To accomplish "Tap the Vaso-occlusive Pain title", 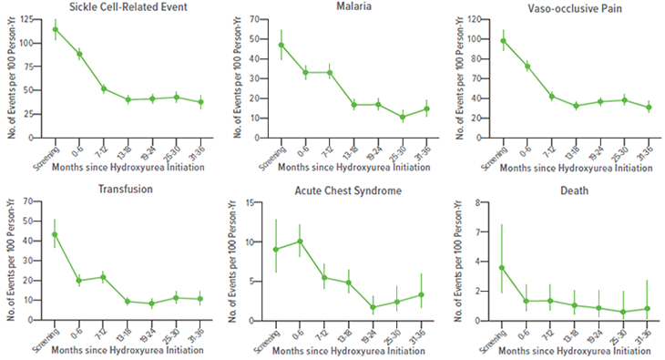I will [x=572, y=7].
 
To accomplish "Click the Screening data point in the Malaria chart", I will [x=281, y=45].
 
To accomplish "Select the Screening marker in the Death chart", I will [x=502, y=268].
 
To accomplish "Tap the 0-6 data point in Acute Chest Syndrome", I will [x=301, y=242].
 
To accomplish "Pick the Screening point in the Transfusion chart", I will [x=56, y=234].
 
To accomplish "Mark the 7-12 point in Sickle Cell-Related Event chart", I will [x=104, y=88].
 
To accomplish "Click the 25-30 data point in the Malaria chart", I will [x=402, y=117].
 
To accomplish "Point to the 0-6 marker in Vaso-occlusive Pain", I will [x=527, y=67].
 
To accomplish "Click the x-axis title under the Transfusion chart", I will [x=128, y=352].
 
